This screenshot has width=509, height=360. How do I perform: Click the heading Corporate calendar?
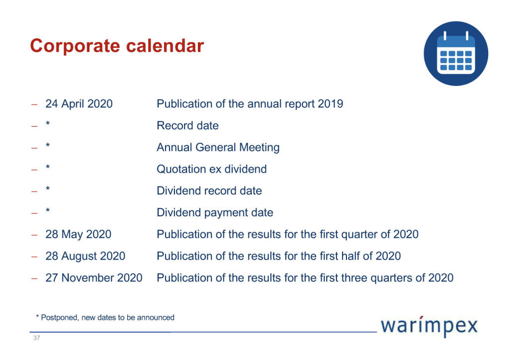[117, 46]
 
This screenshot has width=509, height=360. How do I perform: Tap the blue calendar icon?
[456, 54]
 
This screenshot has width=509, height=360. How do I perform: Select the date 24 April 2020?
[79, 104]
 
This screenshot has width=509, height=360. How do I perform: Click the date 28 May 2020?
[78, 234]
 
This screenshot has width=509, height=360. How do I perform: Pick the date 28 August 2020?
[85, 256]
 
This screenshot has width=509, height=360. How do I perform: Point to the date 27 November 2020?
[94, 278]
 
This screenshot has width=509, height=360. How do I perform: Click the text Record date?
[187, 126]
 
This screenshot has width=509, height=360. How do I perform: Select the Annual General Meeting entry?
[218, 147]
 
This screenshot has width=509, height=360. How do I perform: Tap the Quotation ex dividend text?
[212, 169]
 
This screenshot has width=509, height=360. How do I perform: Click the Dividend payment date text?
[215, 213]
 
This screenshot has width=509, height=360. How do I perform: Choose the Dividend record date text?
[209, 191]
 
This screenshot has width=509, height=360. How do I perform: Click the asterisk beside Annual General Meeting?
[48, 145]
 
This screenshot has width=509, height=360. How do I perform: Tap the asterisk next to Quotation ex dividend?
[48, 167]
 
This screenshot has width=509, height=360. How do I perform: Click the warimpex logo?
[429, 326]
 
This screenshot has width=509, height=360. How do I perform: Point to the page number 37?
[37, 338]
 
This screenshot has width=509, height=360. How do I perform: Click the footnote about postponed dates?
[105, 317]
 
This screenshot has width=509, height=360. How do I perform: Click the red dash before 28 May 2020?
[34, 235]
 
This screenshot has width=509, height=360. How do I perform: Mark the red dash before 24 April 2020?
[34, 104]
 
